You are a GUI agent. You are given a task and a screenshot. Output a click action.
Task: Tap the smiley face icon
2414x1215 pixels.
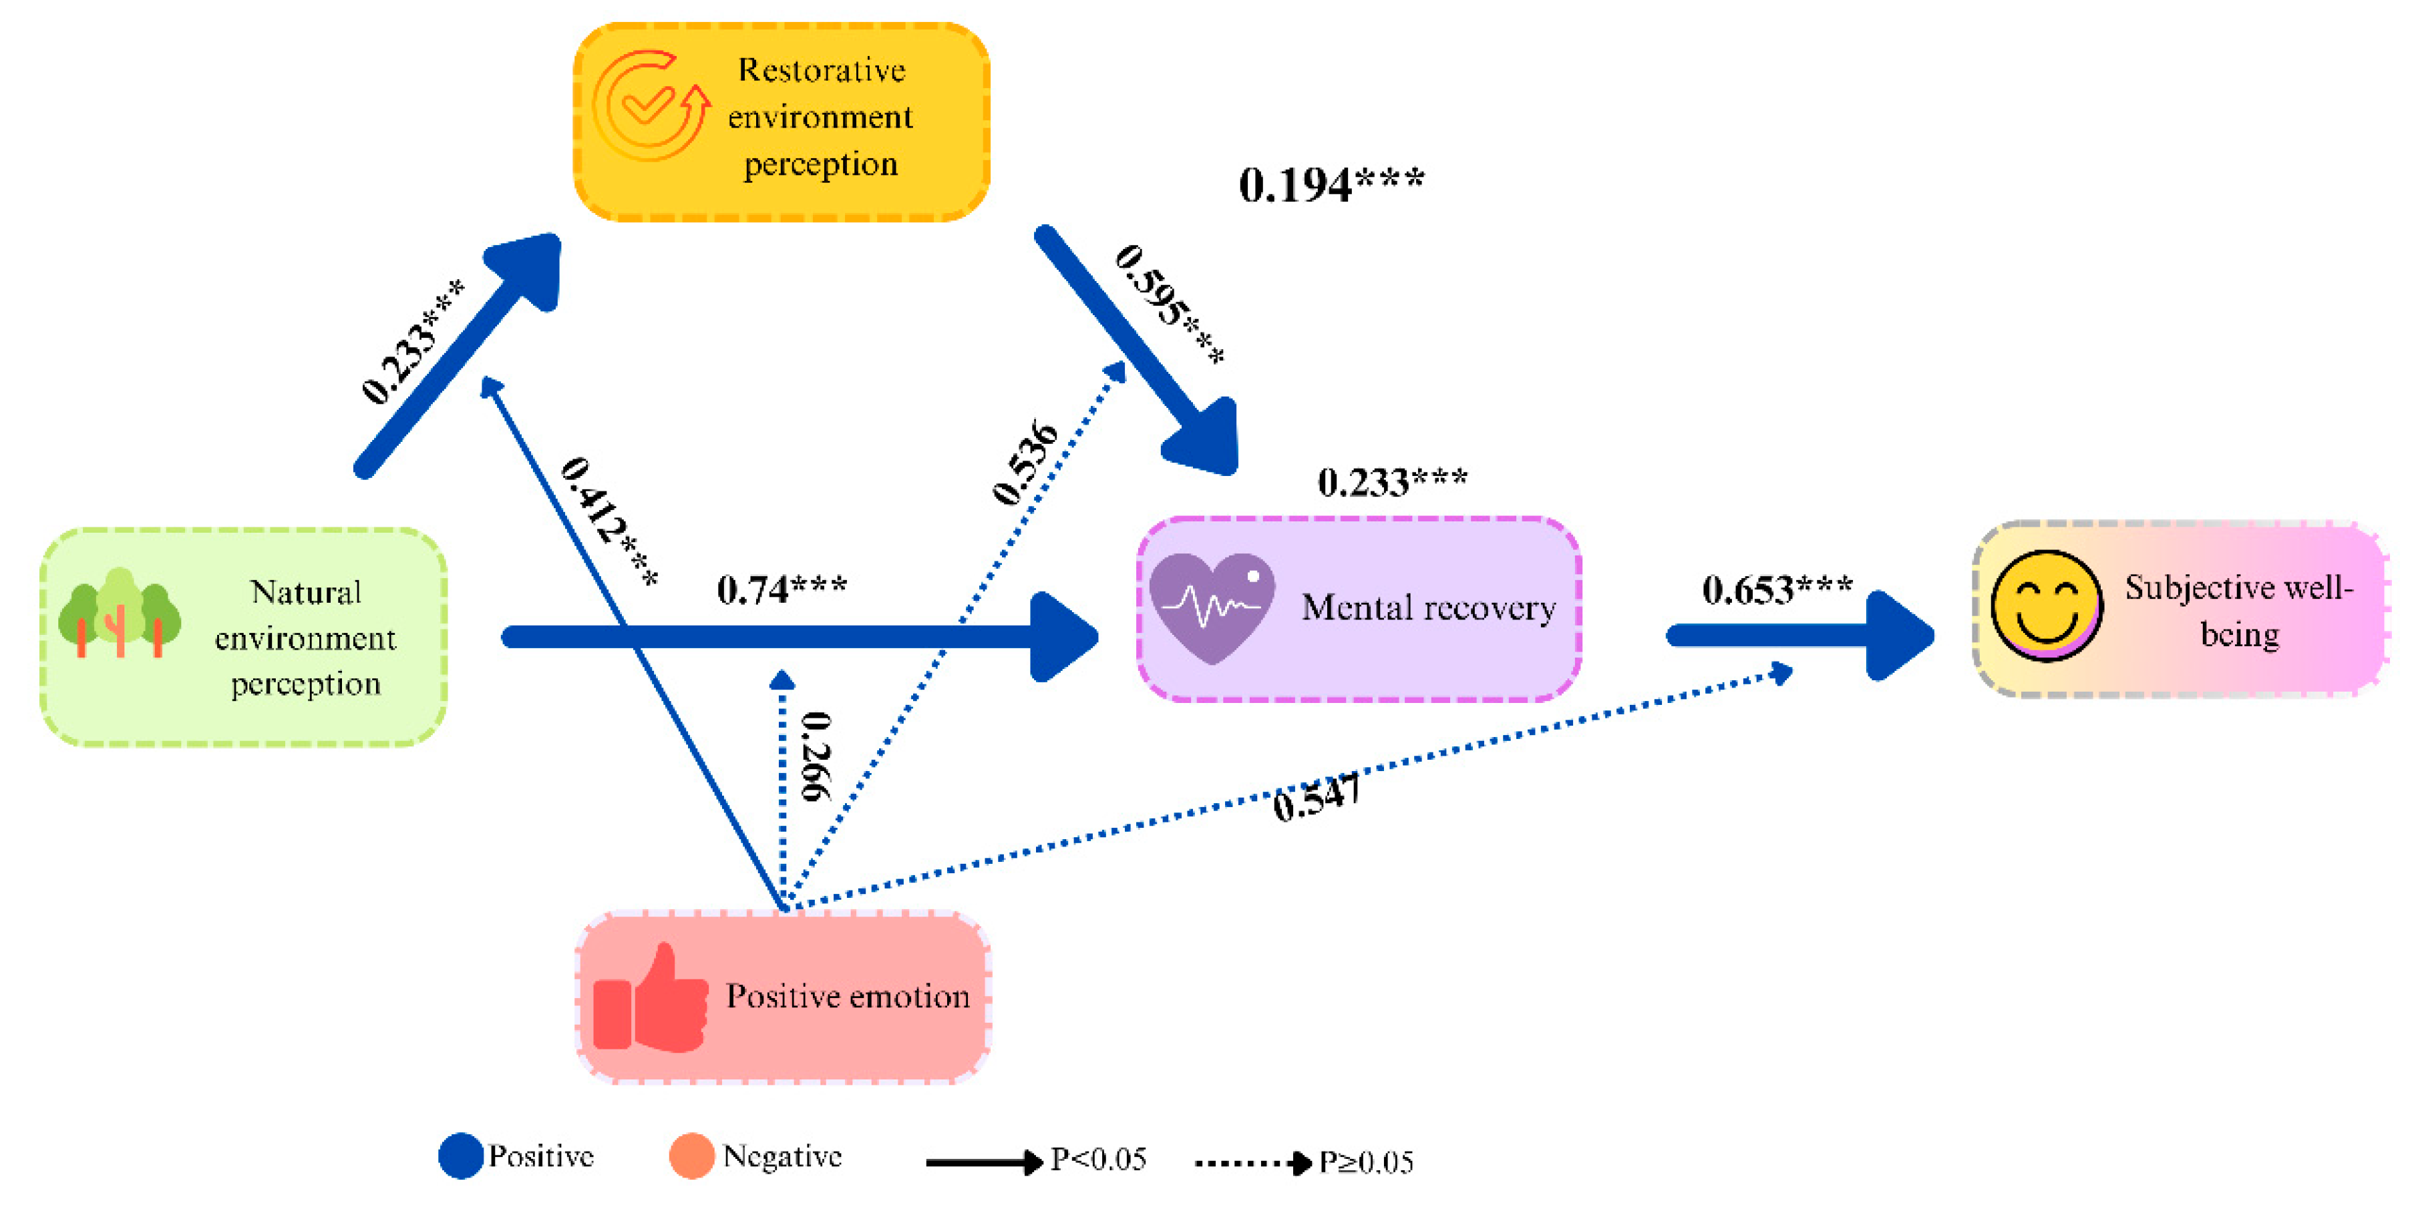2046,607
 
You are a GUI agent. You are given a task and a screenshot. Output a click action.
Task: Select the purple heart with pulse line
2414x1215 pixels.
1212,607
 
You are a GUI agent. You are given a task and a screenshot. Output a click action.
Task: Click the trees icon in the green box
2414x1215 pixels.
119,613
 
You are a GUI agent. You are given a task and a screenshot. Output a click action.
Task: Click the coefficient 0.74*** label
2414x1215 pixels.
782,590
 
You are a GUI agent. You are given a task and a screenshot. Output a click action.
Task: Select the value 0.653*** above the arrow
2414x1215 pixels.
1777,590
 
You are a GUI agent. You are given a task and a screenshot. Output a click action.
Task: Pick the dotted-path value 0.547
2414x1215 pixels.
1316,798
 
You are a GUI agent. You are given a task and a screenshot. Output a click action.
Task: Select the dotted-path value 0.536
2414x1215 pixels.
1025,462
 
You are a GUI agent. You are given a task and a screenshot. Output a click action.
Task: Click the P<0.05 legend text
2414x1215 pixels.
1098,1160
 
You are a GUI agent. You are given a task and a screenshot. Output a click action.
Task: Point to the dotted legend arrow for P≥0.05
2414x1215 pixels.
1253,1162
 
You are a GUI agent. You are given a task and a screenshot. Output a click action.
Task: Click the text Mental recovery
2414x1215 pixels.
1428,608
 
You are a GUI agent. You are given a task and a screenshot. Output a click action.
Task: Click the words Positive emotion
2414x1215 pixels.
847,996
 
